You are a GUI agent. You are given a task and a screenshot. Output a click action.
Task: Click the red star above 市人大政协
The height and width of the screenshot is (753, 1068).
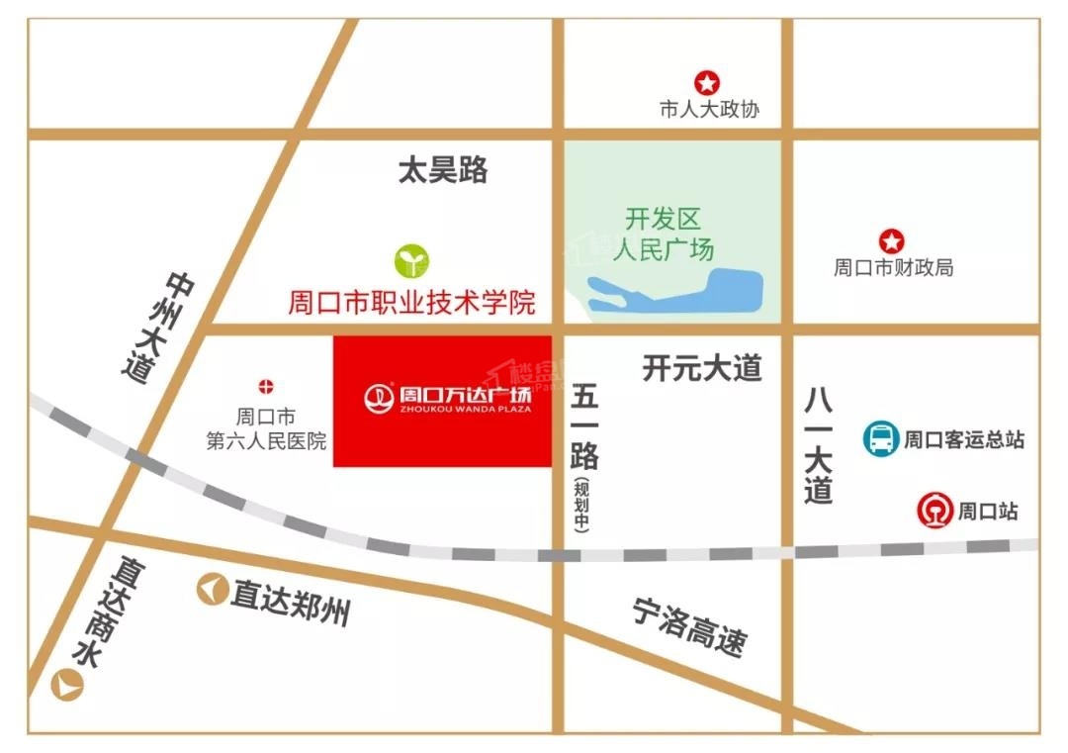tap(708, 83)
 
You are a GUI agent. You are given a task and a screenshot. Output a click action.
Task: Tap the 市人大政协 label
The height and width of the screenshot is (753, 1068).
tap(709, 110)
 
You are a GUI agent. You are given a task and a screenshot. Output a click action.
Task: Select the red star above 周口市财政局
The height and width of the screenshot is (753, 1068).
tap(892, 240)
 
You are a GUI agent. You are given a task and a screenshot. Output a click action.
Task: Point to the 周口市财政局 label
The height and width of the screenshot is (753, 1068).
tap(893, 268)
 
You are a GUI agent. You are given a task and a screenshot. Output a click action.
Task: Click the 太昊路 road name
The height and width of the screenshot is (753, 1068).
tap(443, 170)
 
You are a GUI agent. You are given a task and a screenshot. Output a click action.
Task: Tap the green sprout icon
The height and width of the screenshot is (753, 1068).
tap(412, 261)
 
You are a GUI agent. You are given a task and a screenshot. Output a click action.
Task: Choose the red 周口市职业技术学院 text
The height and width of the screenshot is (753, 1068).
tap(411, 302)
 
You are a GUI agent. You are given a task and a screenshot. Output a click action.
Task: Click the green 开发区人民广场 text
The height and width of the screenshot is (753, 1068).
tap(663, 234)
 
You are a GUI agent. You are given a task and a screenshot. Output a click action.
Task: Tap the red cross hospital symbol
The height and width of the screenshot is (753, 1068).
tap(266, 386)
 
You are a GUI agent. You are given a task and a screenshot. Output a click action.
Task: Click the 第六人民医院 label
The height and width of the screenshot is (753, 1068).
tap(266, 441)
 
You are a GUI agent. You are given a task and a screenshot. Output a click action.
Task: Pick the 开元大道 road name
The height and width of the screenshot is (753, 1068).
tap(702, 369)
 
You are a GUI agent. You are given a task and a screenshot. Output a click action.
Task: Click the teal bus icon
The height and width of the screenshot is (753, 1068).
tap(879, 438)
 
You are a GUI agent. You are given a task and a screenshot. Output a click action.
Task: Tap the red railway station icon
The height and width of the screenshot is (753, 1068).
tap(934, 512)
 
